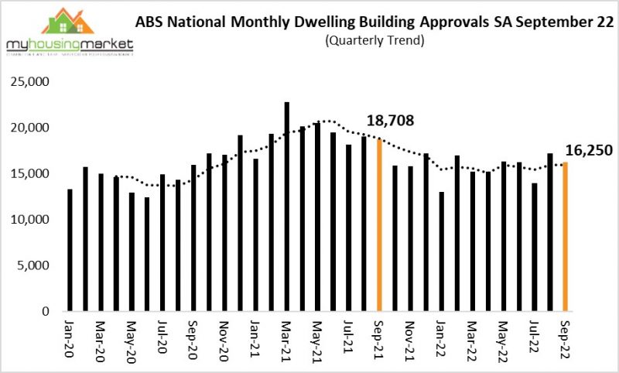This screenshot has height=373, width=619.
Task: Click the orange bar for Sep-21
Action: (x=379, y=225)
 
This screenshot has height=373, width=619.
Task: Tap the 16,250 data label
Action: (x=590, y=151)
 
